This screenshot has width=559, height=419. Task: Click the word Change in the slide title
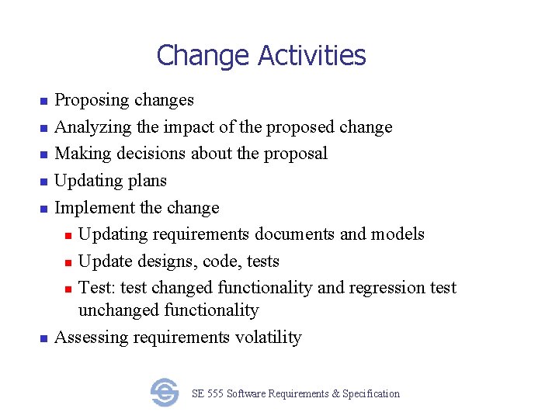(203, 56)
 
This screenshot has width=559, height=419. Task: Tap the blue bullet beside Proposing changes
(43, 101)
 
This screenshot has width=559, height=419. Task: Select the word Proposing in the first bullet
(92, 100)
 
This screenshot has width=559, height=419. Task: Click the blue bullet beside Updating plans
(43, 182)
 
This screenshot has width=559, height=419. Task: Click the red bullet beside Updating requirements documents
(68, 235)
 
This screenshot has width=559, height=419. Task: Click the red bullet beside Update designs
(68, 262)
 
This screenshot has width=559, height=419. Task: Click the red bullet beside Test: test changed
(68, 289)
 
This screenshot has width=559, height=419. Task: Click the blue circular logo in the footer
(165, 393)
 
